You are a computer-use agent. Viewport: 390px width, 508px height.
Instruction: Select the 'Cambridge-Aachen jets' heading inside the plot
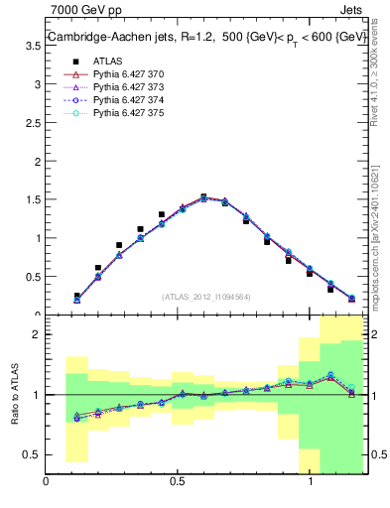[x=116, y=38]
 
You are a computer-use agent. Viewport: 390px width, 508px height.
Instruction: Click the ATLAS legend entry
[x=106, y=61]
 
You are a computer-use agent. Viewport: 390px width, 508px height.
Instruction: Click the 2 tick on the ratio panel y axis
[x=35, y=334]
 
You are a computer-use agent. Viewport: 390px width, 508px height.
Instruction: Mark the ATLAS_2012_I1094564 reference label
[x=207, y=296]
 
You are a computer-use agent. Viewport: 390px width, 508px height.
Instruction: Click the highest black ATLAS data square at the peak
[x=203, y=197]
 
